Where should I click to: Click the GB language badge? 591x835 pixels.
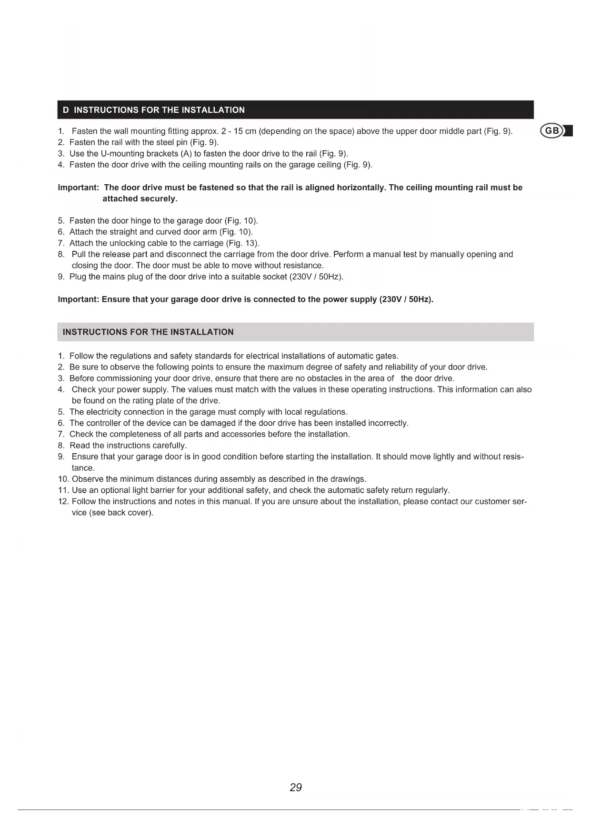(x=552, y=131)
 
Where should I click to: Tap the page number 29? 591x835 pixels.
(x=296, y=787)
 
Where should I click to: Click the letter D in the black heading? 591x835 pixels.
(x=66, y=110)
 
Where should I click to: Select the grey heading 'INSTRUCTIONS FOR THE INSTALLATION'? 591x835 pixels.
(x=148, y=332)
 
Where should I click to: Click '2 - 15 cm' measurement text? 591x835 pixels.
(x=239, y=131)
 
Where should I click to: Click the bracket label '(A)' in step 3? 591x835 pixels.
(x=186, y=153)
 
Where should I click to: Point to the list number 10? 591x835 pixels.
(x=63, y=479)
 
